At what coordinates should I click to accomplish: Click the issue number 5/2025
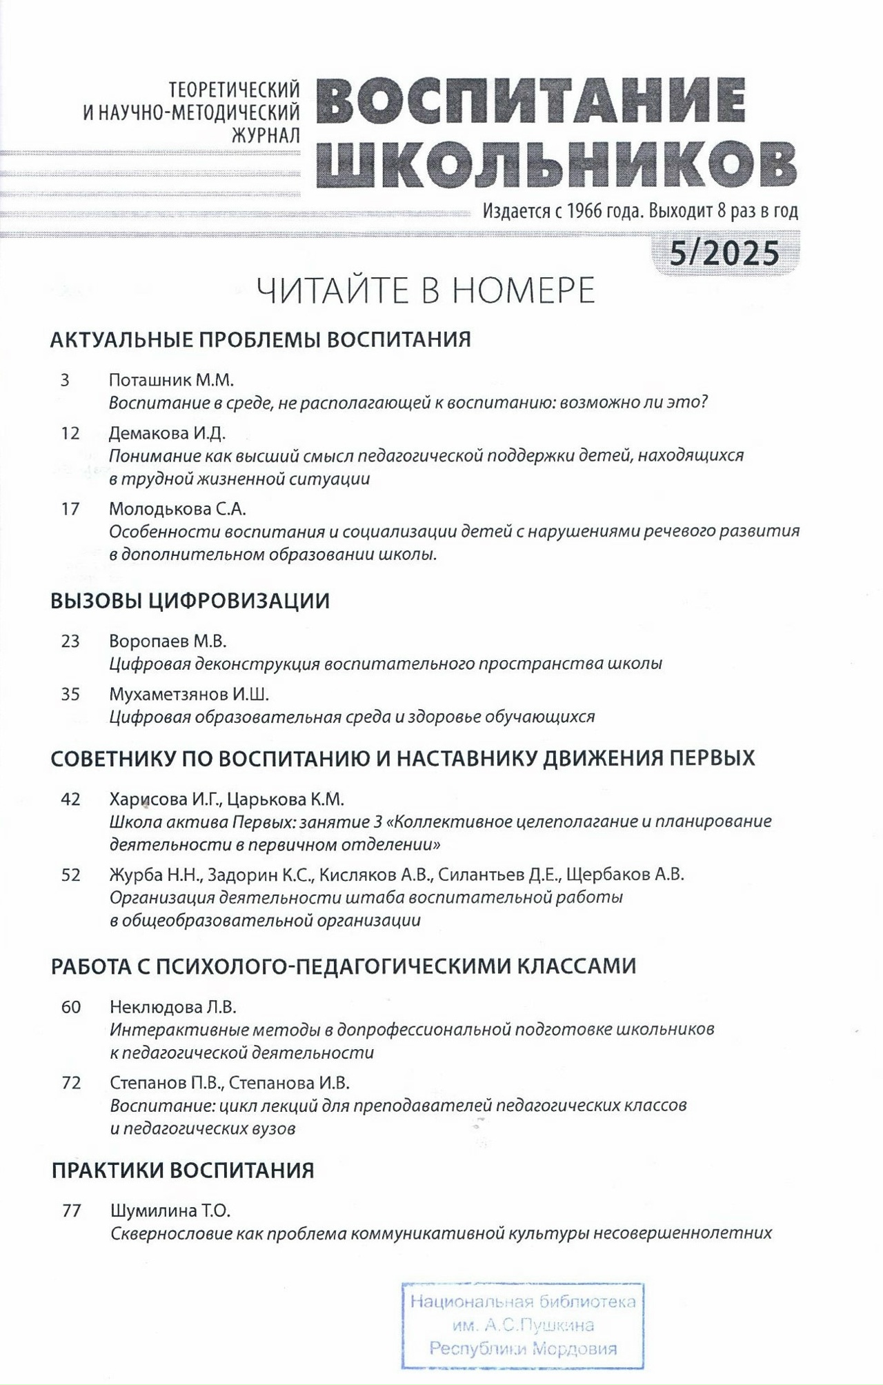(x=724, y=254)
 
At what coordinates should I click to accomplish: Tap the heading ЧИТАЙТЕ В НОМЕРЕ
(x=426, y=291)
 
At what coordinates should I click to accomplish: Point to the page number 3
(x=65, y=380)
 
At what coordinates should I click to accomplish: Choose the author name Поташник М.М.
(x=172, y=380)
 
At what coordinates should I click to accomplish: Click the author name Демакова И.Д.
(x=168, y=433)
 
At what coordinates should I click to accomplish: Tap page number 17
(x=70, y=509)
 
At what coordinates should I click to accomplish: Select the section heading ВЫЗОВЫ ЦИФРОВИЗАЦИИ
(x=190, y=601)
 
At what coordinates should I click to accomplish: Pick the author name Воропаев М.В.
(x=168, y=641)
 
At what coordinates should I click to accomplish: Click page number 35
(x=70, y=695)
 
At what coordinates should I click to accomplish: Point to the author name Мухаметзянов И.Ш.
(x=189, y=695)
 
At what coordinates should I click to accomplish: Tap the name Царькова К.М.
(x=286, y=799)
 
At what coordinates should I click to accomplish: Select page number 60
(x=71, y=1007)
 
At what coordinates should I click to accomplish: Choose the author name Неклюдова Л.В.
(x=173, y=1007)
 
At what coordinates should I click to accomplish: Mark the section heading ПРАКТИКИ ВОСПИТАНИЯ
(x=183, y=1170)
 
